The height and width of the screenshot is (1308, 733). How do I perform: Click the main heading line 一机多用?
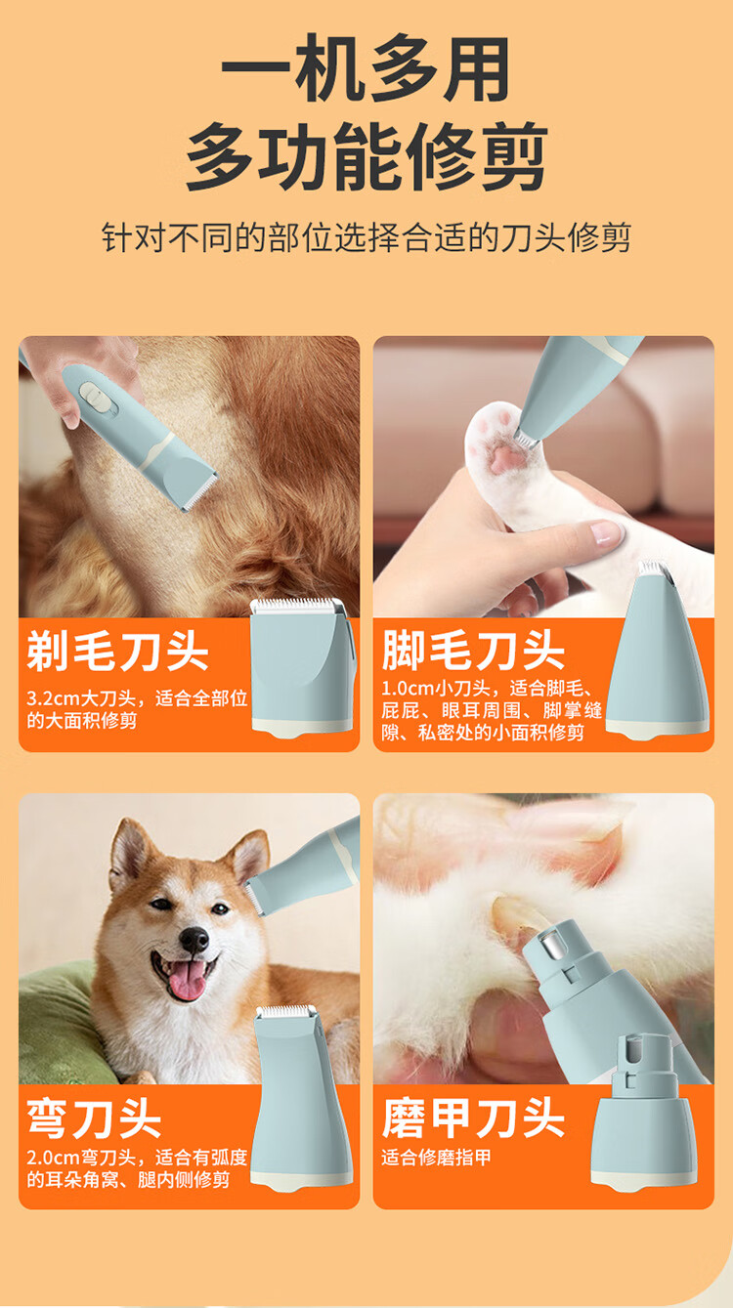(x=366, y=69)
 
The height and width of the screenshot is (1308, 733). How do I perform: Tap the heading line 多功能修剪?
(x=366, y=156)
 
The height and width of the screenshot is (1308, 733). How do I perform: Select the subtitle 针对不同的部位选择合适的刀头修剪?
(x=366, y=237)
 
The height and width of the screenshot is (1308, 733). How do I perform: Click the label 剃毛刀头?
(x=117, y=652)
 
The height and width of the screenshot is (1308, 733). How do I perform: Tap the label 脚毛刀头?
(x=473, y=650)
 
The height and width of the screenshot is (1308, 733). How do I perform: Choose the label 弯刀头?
(x=94, y=1118)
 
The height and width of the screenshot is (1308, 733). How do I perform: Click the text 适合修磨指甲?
(x=436, y=1158)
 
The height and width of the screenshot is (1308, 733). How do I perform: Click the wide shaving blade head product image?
(x=303, y=665)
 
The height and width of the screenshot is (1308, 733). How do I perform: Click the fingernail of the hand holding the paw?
(x=605, y=533)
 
